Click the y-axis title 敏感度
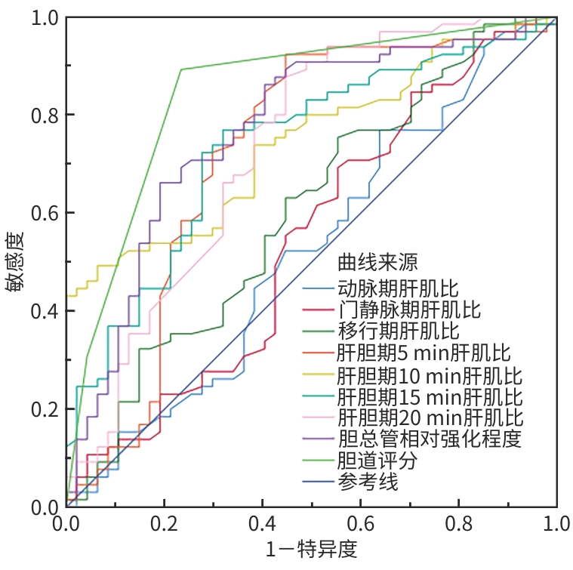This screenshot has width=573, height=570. click(x=17, y=260)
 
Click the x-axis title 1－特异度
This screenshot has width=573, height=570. click(x=312, y=549)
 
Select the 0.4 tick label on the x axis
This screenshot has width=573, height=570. click(x=263, y=522)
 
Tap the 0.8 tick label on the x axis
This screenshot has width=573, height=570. click(x=459, y=522)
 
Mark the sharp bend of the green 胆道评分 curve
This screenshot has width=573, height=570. click(x=181, y=69)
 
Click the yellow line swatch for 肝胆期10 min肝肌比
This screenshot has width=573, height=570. click(x=318, y=375)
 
